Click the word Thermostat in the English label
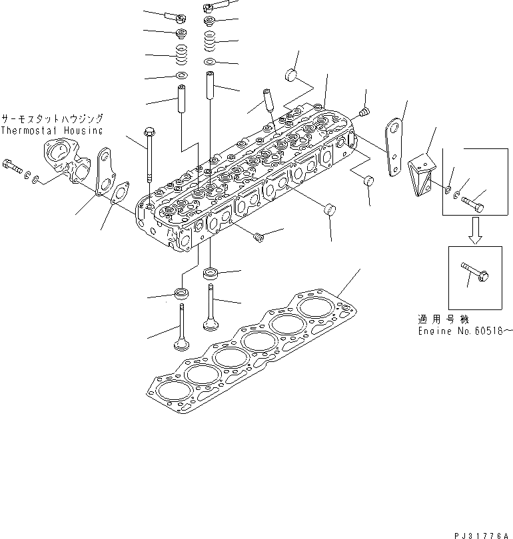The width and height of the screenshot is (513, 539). [x=29, y=130]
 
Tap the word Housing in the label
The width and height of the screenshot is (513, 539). [x=83, y=130]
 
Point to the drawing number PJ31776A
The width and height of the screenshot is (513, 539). [x=481, y=536]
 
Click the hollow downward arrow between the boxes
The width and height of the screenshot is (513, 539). [x=476, y=230]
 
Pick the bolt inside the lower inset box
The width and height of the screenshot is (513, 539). [x=475, y=271]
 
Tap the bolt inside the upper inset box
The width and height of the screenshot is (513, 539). [x=473, y=204]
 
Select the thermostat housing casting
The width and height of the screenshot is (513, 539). [x=67, y=160]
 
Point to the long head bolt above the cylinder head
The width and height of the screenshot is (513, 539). [x=149, y=154]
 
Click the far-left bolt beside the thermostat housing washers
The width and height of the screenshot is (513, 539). [x=12, y=166]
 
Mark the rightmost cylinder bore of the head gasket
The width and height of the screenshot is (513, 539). [x=312, y=307]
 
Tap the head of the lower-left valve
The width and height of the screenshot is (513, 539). [x=181, y=345]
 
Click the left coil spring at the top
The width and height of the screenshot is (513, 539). [x=181, y=55]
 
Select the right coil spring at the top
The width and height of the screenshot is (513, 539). [x=210, y=41]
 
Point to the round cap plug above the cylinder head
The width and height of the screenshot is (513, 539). [x=291, y=75]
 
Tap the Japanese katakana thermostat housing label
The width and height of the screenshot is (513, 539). [x=52, y=119]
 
